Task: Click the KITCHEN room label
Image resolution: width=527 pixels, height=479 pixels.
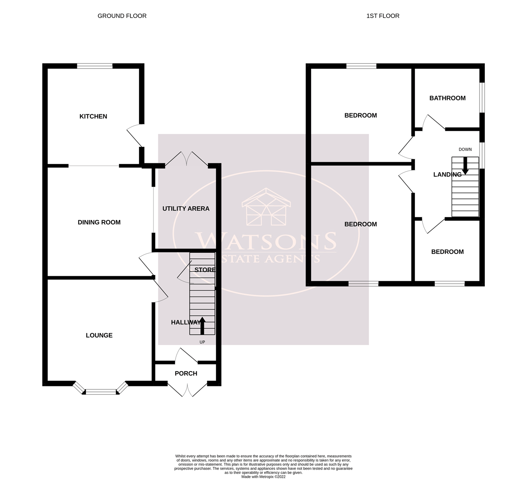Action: pyautogui.click(x=93, y=116)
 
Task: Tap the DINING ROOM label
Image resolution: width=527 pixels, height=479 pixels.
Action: pyautogui.click(x=99, y=222)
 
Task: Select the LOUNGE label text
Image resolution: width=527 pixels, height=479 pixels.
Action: pyautogui.click(x=99, y=335)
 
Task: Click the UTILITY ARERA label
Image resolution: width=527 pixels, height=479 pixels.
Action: pyautogui.click(x=186, y=209)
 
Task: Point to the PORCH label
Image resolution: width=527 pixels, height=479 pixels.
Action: pyautogui.click(x=186, y=374)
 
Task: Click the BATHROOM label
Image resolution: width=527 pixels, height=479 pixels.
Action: pyautogui.click(x=447, y=98)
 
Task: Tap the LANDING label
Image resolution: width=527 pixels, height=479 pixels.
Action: pyautogui.click(x=447, y=175)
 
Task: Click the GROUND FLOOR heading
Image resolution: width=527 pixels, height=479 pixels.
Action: pyautogui.click(x=122, y=16)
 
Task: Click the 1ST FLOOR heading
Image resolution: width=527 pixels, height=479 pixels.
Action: pyautogui.click(x=383, y=16)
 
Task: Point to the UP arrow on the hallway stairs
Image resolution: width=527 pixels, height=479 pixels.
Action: pyautogui.click(x=202, y=325)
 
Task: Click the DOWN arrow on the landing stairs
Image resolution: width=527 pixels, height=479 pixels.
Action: pyautogui.click(x=465, y=166)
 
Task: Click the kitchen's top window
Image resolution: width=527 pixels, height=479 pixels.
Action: pyautogui.click(x=94, y=66)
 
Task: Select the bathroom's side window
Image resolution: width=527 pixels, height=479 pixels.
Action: pyautogui.click(x=482, y=97)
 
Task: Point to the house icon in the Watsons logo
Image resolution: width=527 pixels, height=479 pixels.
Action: pyautogui.click(x=266, y=207)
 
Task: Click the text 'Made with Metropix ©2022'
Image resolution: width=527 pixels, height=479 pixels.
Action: pyautogui.click(x=263, y=477)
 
